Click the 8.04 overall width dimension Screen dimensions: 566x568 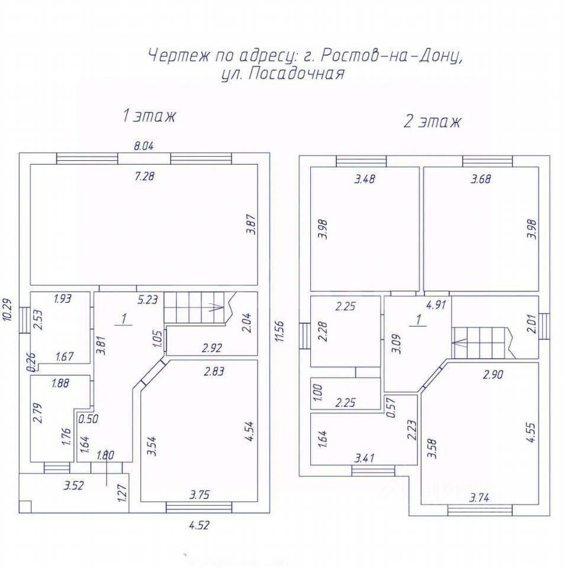(144, 146)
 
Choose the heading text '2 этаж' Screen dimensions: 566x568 (432, 122)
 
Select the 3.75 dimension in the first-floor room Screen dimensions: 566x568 (200, 495)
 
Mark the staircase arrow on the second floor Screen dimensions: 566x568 (459, 341)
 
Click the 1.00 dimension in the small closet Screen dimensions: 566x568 (318, 392)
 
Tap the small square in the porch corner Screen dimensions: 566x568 (25, 506)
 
